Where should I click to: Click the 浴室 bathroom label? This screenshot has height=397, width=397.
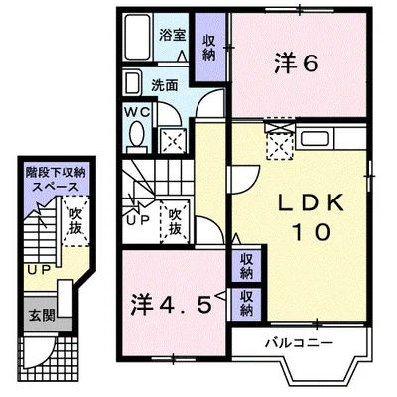[174, 33]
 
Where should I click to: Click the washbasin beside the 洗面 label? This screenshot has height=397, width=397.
[135, 83]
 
